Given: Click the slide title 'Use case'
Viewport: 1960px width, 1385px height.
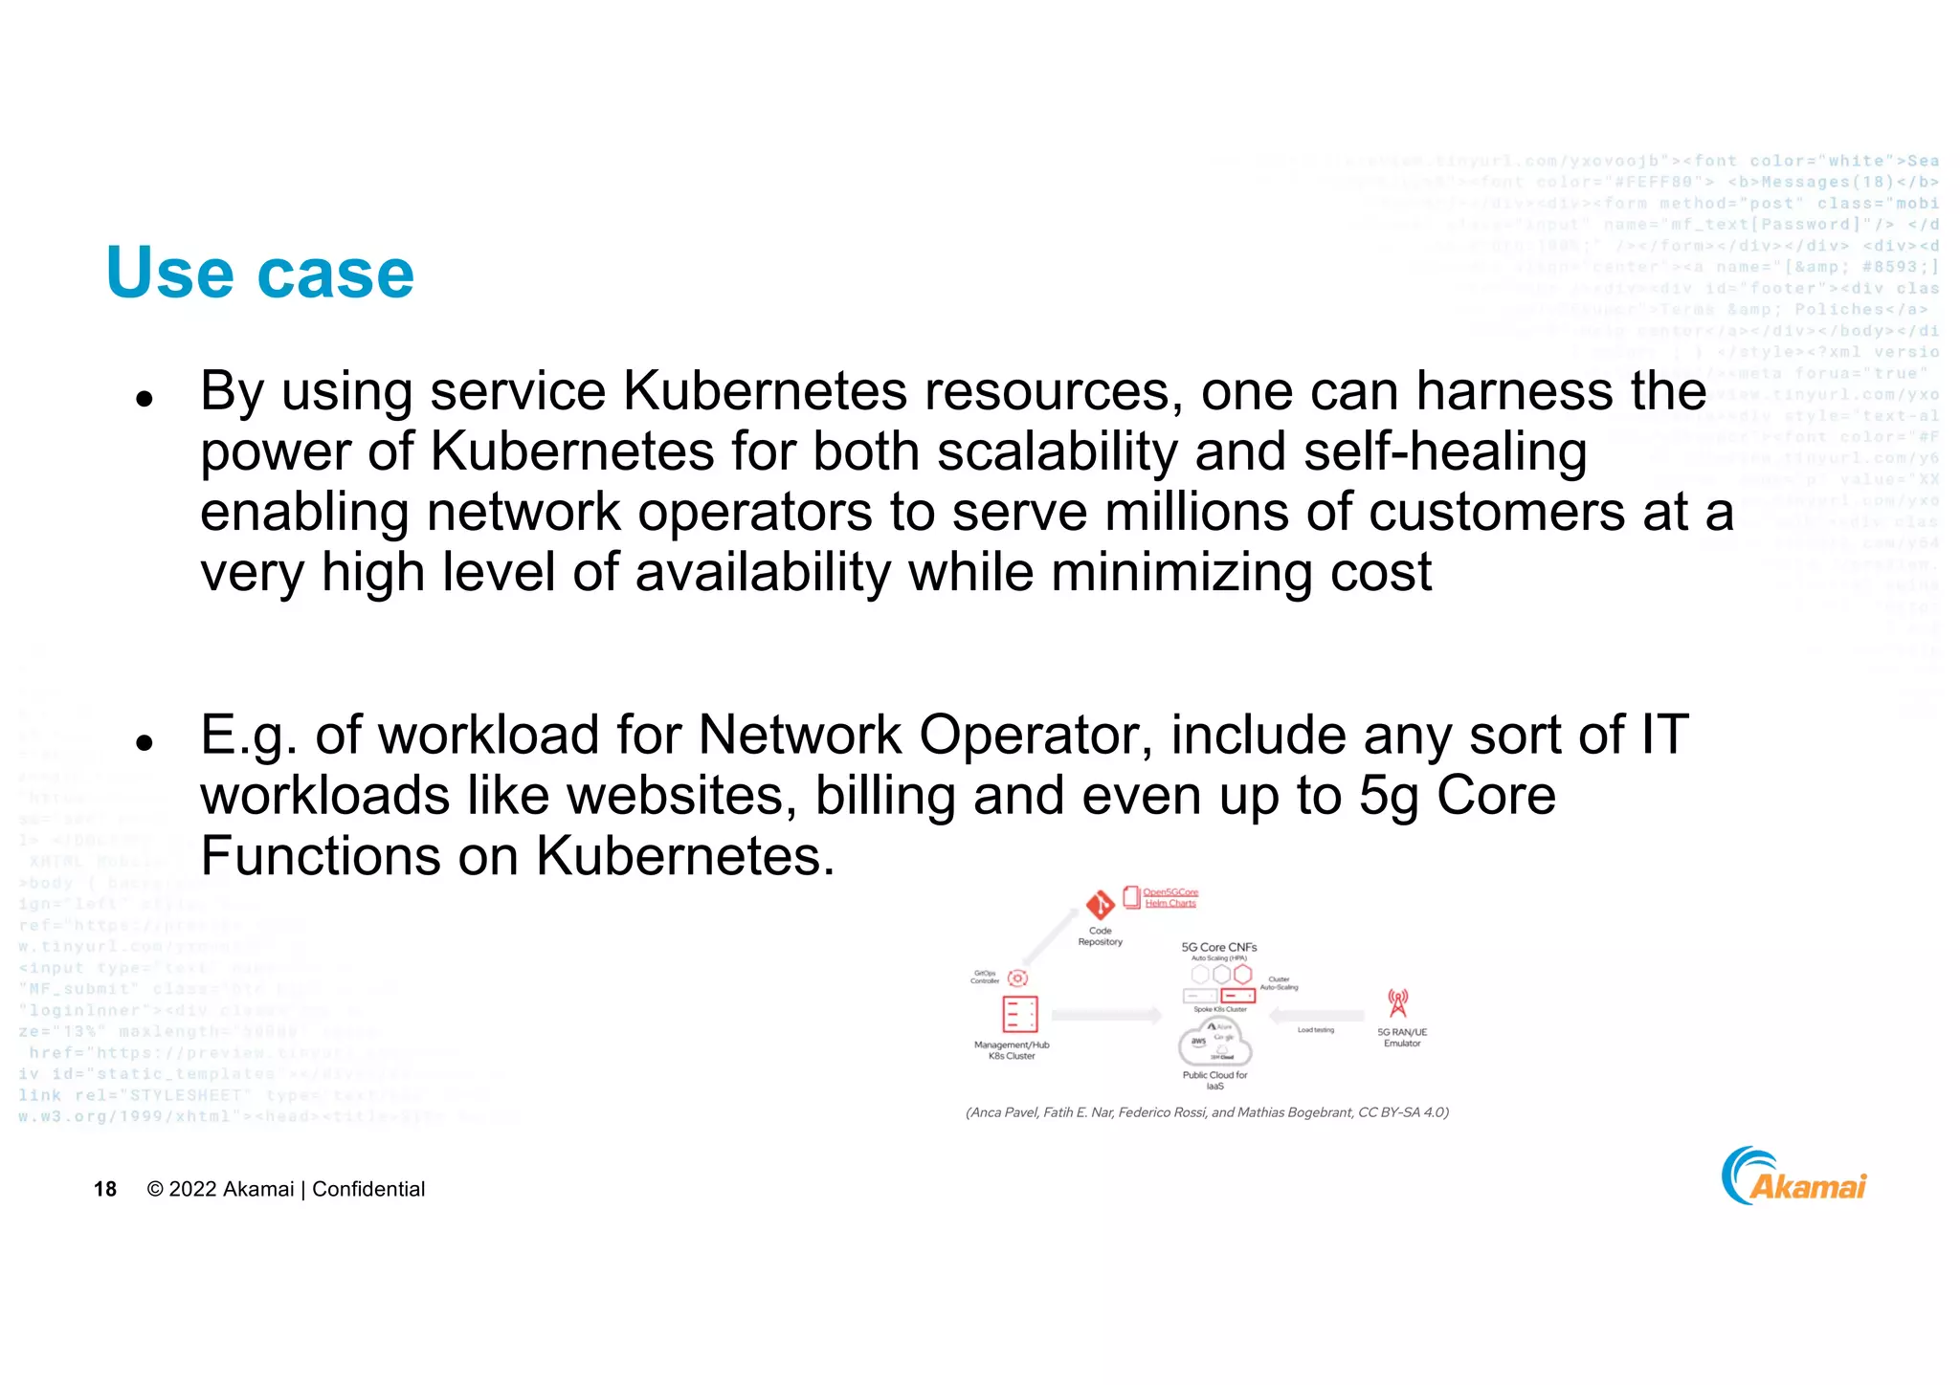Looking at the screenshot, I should (x=260, y=274).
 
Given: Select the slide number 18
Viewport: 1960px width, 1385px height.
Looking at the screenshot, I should (x=105, y=1189).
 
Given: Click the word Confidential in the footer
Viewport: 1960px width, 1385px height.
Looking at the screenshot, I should (x=368, y=1189).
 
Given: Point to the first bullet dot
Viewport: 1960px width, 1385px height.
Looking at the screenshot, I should (x=145, y=399).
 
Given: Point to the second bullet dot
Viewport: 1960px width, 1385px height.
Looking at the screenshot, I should (x=145, y=742).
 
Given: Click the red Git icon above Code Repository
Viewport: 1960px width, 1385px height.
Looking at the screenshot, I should (x=1100, y=904).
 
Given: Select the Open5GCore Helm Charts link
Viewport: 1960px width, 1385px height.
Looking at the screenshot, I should (x=1170, y=897).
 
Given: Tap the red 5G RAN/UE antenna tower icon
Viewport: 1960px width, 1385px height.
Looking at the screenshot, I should (x=1398, y=1003).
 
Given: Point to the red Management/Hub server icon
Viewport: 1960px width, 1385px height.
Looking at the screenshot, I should (x=1019, y=1014).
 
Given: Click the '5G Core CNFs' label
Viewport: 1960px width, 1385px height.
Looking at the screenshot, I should (x=1219, y=947).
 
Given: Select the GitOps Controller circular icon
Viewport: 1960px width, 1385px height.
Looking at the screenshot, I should (x=1018, y=978).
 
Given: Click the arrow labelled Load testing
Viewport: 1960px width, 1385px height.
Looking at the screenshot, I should (x=1317, y=1016).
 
